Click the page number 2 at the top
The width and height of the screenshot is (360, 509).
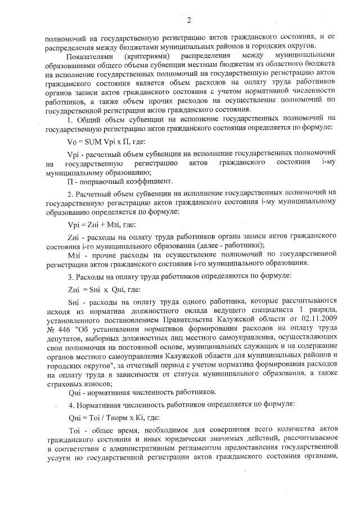[x=189, y=21]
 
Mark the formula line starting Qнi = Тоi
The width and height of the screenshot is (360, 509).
[x=108, y=418]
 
